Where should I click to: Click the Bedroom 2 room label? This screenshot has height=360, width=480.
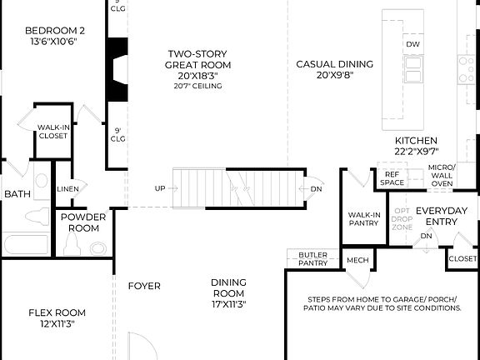(54, 37)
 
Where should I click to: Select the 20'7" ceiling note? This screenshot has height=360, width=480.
(197, 86)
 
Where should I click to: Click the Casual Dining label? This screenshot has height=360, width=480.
(334, 69)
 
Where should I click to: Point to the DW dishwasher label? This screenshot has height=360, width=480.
(412, 44)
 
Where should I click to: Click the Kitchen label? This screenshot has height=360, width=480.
(416, 147)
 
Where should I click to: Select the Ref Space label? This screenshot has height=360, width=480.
(392, 177)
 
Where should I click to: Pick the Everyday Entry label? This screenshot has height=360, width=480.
(441, 216)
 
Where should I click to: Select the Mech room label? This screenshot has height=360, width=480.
(357, 260)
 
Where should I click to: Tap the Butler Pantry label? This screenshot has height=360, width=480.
(312, 259)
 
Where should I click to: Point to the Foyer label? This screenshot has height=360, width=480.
(143, 287)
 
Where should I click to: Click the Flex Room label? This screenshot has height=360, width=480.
(57, 318)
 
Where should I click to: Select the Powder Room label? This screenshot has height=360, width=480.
(83, 222)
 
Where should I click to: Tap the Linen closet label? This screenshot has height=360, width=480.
(68, 189)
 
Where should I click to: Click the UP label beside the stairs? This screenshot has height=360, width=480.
(160, 188)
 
